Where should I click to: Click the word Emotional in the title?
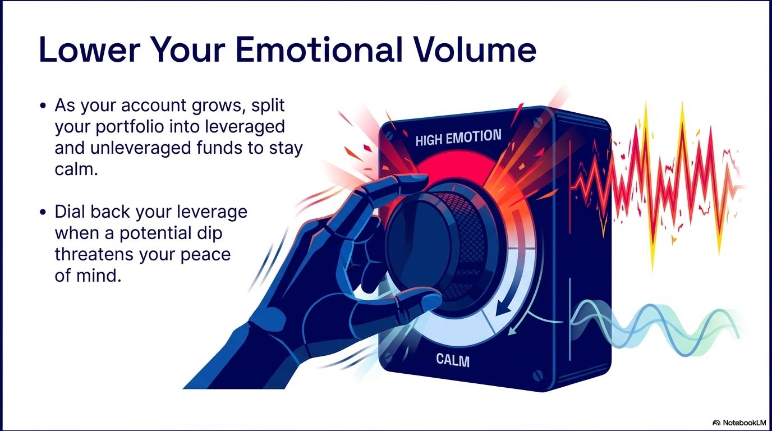pyautogui.click(x=319, y=49)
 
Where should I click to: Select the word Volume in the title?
pyautogui.click(x=475, y=49)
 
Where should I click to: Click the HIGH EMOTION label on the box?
pyautogui.click(x=458, y=137)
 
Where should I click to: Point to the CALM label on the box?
pyautogui.click(x=453, y=360)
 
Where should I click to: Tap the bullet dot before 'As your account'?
pyautogui.click(x=43, y=105)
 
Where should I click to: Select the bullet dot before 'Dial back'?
pyautogui.click(x=43, y=212)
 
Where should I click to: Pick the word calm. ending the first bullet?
pyautogui.click(x=76, y=169)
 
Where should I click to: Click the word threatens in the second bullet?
pyautogui.click(x=94, y=254)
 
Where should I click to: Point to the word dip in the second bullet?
pyautogui.click(x=209, y=233)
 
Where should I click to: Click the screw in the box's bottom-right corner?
pyautogui.click(x=538, y=375)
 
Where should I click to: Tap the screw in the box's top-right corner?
pyautogui.click(x=538, y=121)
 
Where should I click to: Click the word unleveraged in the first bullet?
pyautogui.click(x=141, y=148)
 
